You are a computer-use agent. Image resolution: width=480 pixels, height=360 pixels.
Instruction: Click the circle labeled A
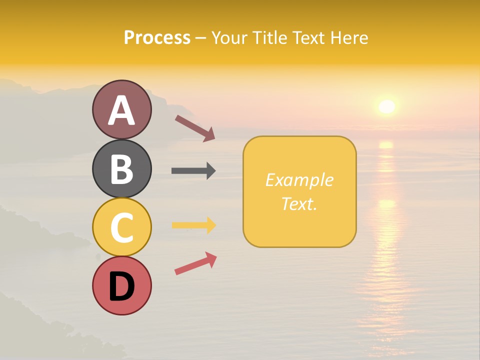coord(121,109)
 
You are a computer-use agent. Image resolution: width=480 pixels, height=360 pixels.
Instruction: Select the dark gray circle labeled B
coord(121,168)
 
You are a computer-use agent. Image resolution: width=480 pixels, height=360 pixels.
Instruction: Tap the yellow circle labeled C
coord(121,227)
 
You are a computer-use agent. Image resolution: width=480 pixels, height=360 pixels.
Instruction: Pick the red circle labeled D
coord(121,286)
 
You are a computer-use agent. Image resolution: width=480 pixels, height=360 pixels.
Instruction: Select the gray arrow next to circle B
coord(193,171)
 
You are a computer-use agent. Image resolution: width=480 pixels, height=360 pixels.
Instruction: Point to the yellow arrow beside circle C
coord(193,225)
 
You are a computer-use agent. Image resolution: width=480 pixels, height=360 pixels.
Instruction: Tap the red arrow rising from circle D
coord(195,263)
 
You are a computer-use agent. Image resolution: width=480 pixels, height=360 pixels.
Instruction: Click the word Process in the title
coord(157,37)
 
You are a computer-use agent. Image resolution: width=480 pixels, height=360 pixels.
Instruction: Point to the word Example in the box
coord(299,180)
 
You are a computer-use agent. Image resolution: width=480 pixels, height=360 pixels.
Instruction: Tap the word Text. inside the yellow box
coord(299,203)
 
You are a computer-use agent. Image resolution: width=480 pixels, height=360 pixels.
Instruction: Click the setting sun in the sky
coord(386,106)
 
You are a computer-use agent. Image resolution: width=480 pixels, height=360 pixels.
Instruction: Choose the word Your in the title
coord(230,37)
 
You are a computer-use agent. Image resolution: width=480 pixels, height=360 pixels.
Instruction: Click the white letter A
coord(121,110)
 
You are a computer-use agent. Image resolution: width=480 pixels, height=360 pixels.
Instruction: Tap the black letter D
coord(121,286)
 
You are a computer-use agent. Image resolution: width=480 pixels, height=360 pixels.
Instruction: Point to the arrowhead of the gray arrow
coord(211,171)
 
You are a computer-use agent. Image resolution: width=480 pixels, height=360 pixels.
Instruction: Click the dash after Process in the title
coord(200,38)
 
